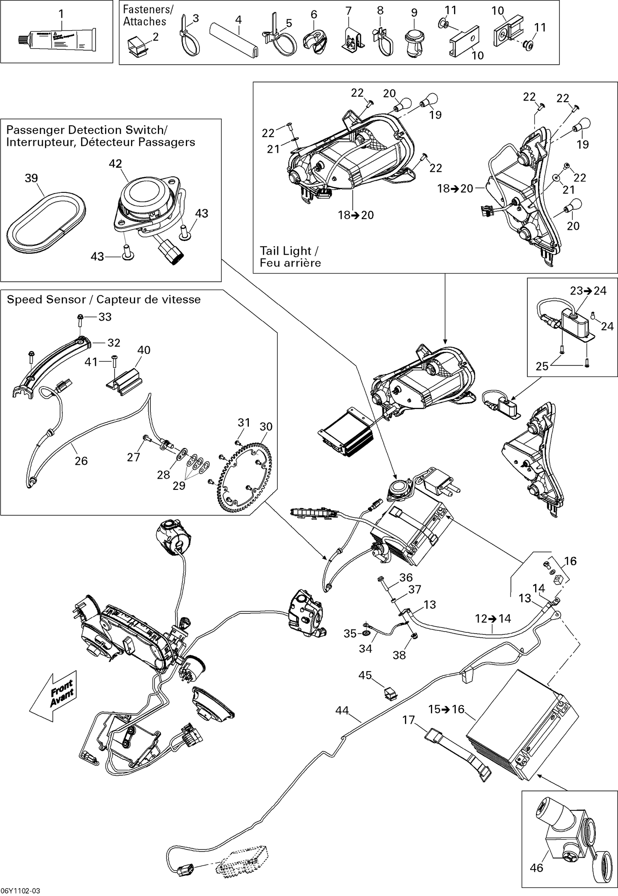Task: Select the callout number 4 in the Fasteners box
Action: click(x=238, y=19)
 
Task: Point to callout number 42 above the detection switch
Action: click(x=115, y=164)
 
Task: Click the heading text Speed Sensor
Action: click(x=46, y=299)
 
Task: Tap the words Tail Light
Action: click(x=286, y=251)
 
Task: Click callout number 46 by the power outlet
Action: click(x=536, y=868)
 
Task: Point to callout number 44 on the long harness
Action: click(x=342, y=711)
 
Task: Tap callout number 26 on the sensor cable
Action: click(x=81, y=461)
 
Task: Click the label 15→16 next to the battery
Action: click(x=446, y=709)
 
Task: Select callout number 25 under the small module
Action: click(x=542, y=366)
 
